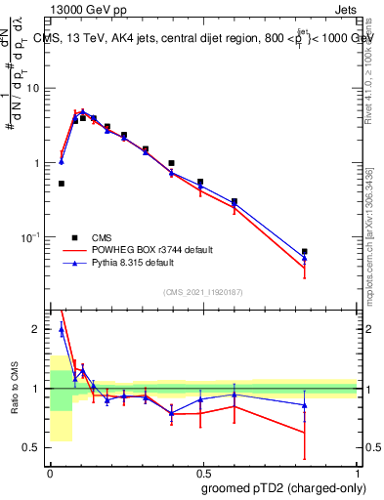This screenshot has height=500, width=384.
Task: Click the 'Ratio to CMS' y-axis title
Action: click(14, 389)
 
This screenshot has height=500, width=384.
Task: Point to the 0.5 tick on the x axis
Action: click(203, 471)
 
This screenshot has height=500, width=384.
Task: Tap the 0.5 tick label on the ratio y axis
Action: click(34, 448)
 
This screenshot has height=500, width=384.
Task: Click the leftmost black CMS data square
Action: click(62, 183)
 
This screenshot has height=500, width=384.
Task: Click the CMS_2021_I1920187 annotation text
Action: click(203, 292)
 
